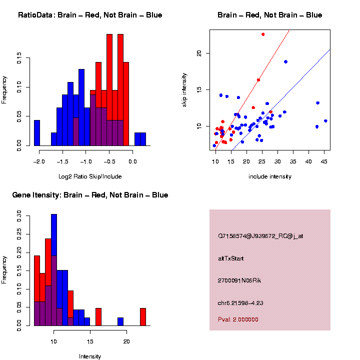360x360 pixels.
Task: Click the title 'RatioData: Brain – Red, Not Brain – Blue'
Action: (90, 15)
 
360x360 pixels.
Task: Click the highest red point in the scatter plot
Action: (263, 34)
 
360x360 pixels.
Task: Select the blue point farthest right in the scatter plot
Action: (325, 121)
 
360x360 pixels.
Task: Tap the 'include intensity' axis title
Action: (269, 176)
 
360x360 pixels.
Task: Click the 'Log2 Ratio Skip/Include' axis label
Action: (90, 176)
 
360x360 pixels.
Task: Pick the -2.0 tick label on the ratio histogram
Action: (39, 161)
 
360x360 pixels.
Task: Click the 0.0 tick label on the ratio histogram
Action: (132, 161)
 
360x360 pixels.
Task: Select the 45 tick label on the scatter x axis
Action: (324, 161)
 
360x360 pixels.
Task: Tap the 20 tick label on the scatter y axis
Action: (199, 53)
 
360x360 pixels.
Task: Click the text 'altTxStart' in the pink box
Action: (231, 258)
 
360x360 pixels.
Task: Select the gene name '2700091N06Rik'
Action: (239, 280)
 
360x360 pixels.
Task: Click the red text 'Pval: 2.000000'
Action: (238, 319)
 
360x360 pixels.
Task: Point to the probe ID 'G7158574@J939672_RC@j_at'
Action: (260, 236)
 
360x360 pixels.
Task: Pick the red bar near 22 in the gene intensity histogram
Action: (143, 316)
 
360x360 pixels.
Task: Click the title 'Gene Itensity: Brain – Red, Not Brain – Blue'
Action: (90, 195)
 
